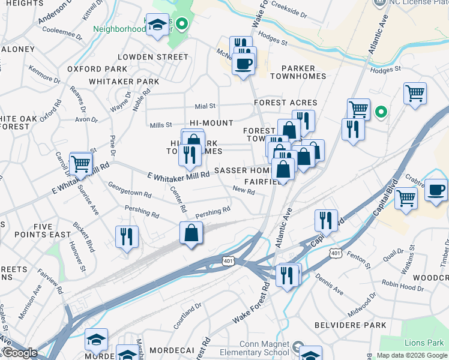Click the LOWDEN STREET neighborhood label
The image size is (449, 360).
click(x=152, y=56)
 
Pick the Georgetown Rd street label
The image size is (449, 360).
click(x=129, y=190)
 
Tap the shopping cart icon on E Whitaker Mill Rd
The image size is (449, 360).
click(x=80, y=163)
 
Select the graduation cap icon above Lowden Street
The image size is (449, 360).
click(x=158, y=25)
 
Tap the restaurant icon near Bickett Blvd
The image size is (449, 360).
click(x=127, y=236)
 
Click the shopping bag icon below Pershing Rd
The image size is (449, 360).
click(x=190, y=233)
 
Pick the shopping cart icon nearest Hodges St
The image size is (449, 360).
click(x=415, y=94)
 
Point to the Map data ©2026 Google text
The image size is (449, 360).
click(x=412, y=356)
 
